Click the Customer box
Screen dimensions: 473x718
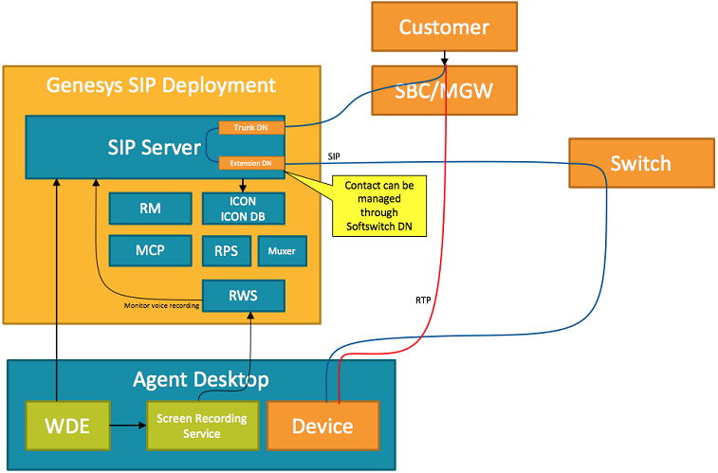coord(444,27)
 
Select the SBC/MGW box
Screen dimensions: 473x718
coord(444,91)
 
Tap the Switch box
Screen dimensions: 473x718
coord(640,163)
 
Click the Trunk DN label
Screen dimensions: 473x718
coord(250,128)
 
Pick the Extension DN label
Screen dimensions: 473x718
coord(250,163)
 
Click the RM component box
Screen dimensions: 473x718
coord(149,208)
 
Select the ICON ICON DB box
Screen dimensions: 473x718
coord(243,208)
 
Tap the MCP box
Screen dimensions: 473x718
coord(149,250)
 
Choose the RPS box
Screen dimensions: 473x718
coord(226,251)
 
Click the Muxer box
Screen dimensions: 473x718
coord(282,251)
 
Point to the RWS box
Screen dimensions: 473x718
coord(243,295)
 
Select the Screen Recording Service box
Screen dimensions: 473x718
coord(202,426)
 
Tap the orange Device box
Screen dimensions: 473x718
coord(323,426)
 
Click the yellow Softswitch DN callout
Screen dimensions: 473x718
coord(379,205)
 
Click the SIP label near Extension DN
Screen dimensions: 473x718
coord(334,155)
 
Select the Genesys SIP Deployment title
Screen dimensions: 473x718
coord(161,85)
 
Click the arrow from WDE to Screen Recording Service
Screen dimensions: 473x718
coord(128,426)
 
